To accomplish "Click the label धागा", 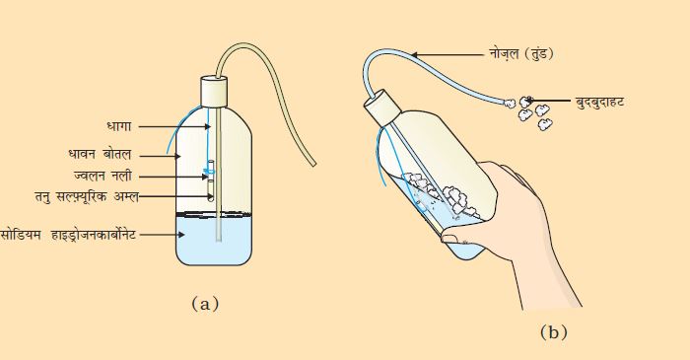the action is pos(119,126).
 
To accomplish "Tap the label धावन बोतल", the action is pos(100,155).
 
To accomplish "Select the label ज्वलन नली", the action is pos(103,176).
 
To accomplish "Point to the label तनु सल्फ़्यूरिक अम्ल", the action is pos(87,196).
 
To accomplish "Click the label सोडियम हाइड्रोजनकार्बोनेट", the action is pos(68,235).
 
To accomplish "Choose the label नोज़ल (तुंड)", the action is pos(521,54).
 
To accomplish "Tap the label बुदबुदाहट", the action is pos(599,103).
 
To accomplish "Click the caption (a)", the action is pos(205,304).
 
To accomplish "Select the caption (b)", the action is pos(554,332).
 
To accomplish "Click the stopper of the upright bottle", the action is pos(214,92).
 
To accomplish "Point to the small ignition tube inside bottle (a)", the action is pos(211,180).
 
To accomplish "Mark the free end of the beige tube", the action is pos(313,164).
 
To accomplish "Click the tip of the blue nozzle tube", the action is pos(505,103).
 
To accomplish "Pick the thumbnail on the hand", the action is pos(449,238).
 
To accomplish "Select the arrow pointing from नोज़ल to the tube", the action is pos(448,55).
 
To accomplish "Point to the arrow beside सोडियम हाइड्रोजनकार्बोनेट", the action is pos(162,235).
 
